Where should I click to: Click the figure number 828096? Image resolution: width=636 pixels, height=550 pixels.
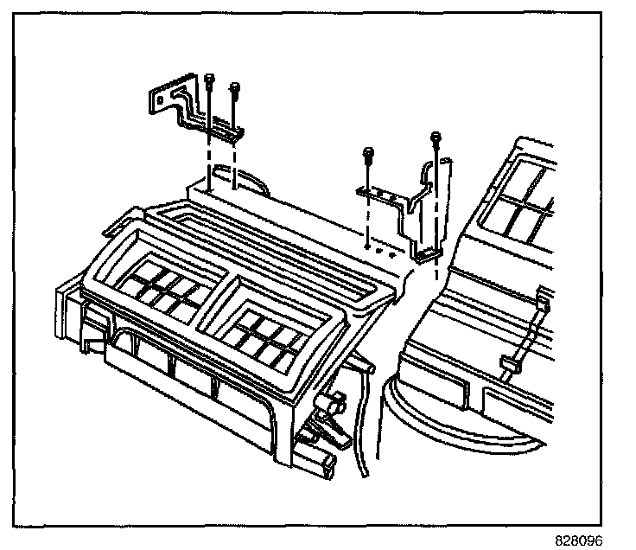tap(579, 538)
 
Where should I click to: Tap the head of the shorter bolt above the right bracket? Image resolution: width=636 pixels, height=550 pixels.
tap(368, 154)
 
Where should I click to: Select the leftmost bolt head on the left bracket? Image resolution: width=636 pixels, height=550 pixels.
tap(210, 80)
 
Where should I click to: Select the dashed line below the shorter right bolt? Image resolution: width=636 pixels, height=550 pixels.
tap(368, 221)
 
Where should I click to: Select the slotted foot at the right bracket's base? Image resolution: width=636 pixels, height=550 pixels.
tap(427, 253)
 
